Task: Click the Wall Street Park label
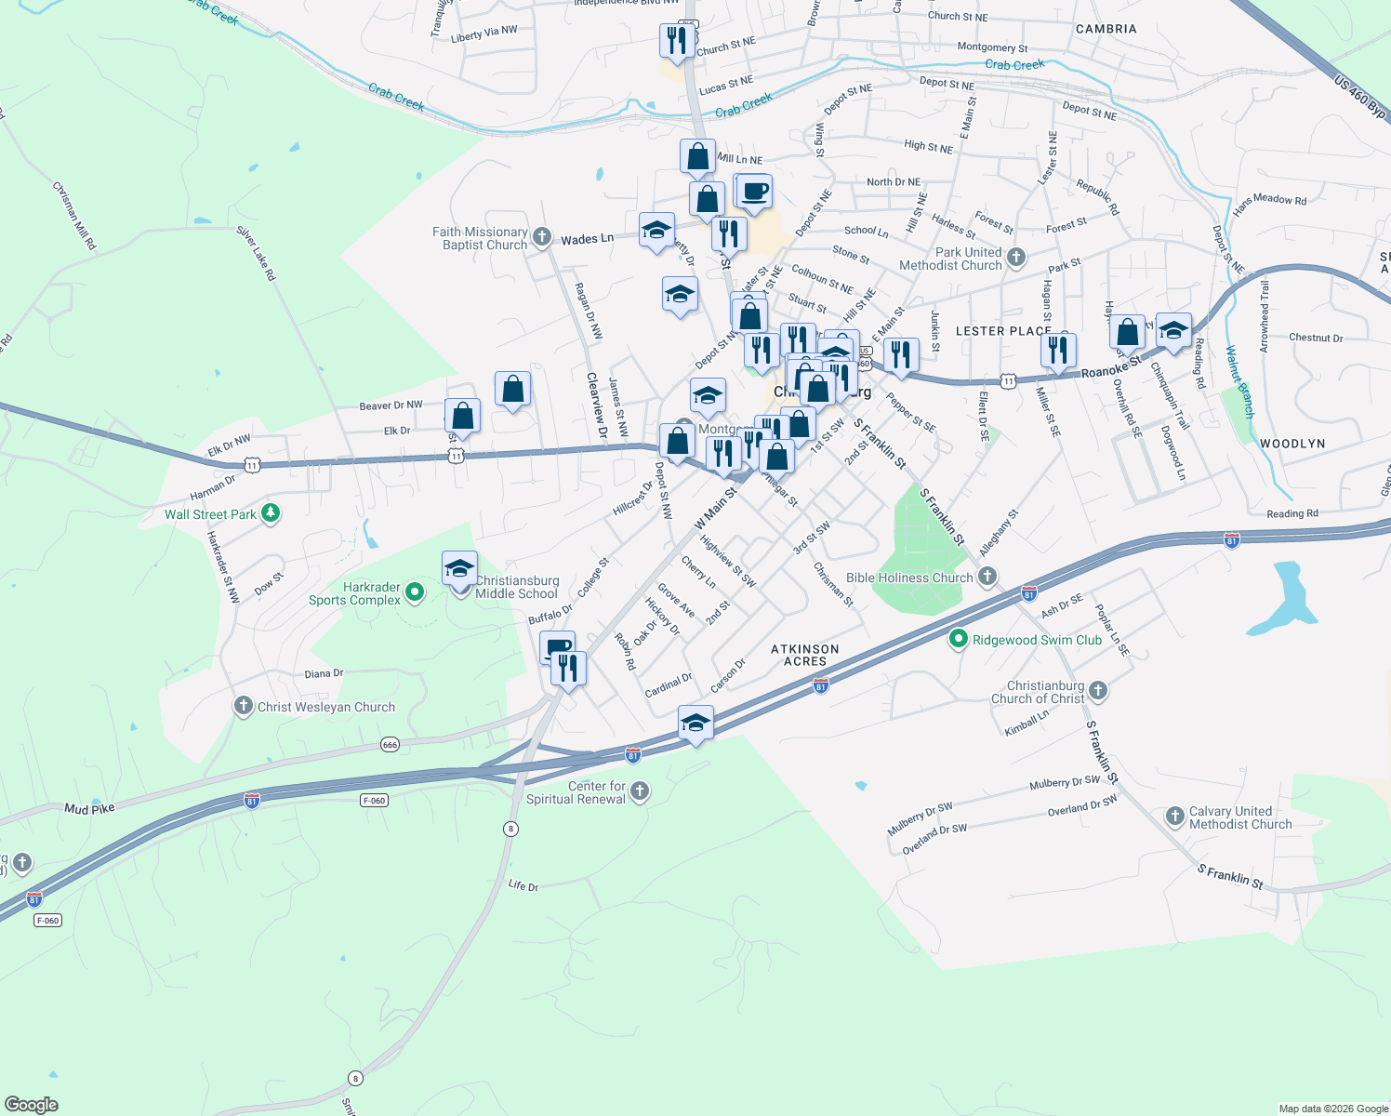[x=210, y=514]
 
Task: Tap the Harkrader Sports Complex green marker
[x=415, y=591]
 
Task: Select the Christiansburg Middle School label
[x=516, y=587]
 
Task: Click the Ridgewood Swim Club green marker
[x=958, y=640]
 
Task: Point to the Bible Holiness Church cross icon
[x=987, y=577]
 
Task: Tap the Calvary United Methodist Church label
[x=1239, y=817]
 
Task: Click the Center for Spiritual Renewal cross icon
[x=639, y=791]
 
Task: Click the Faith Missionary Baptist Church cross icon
[x=542, y=238]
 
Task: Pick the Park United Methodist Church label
[x=950, y=259]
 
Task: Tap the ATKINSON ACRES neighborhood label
[x=805, y=655]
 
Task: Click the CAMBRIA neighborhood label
[x=1106, y=29]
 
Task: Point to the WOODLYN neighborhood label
[x=1292, y=444]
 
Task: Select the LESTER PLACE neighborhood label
[x=1003, y=331]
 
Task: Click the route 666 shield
[x=390, y=745]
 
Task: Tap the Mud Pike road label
[x=89, y=809]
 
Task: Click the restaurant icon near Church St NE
[x=677, y=40]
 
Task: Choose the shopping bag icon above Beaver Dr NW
[x=512, y=389]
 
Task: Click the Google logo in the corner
[x=31, y=1105]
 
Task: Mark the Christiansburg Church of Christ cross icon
[x=1098, y=690]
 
